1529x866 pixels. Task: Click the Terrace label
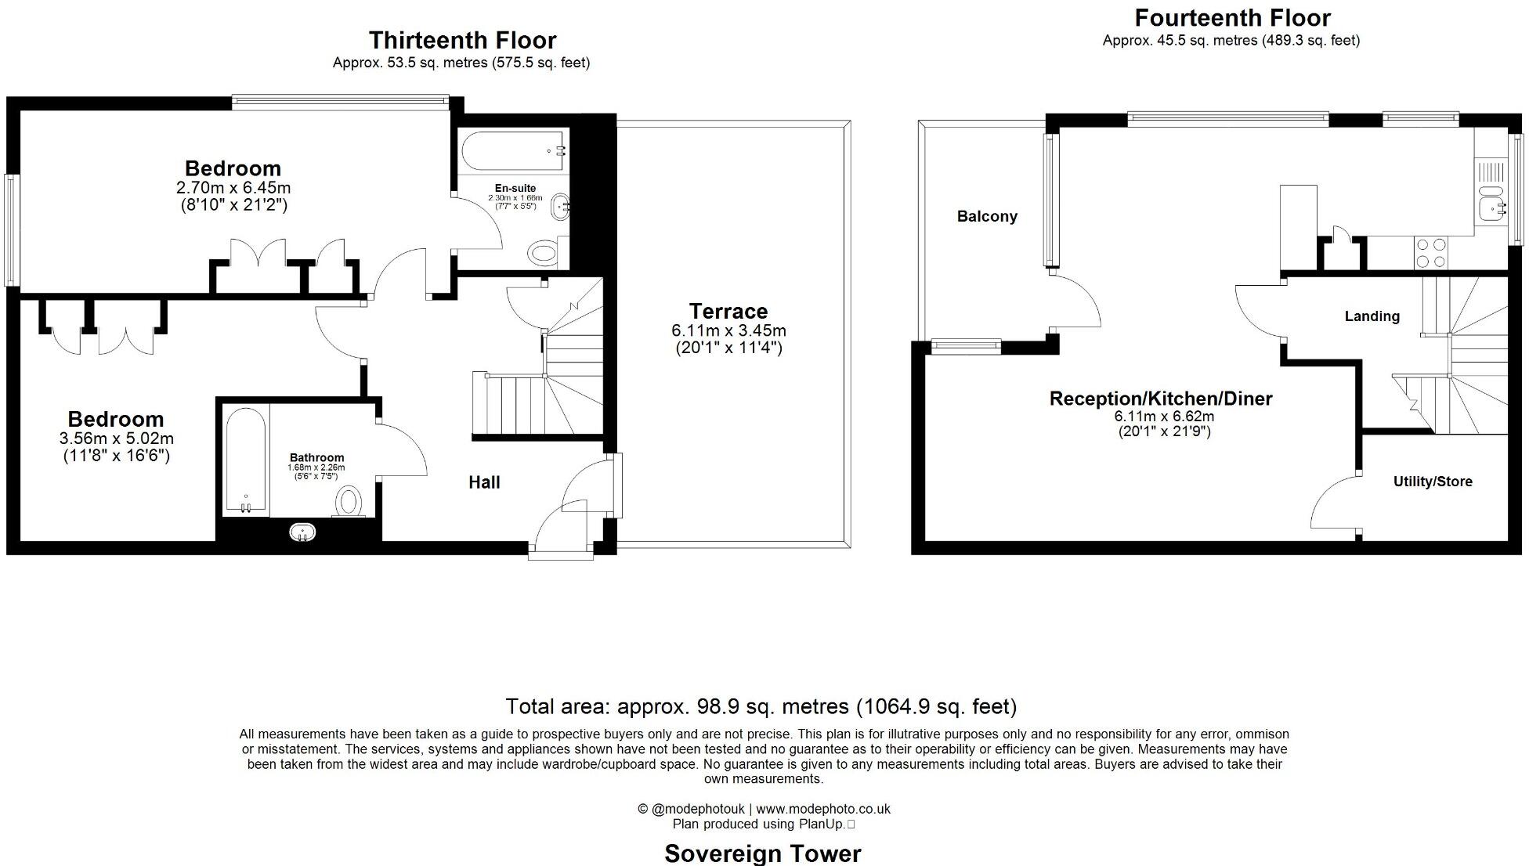[728, 311]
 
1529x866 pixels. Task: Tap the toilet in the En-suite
[542, 253]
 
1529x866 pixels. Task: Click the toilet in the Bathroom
[349, 501]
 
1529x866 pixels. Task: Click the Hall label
[484, 482]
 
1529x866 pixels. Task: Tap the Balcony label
[987, 217]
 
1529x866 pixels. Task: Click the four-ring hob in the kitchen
[1431, 253]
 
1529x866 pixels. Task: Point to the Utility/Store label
[1432, 482]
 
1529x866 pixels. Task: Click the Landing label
[1372, 316]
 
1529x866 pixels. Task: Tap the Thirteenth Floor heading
[462, 40]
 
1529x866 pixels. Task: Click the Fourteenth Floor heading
[1232, 17]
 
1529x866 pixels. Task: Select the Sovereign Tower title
[762, 853]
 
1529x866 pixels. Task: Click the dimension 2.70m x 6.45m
[233, 188]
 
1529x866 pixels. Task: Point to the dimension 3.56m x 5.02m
[116, 438]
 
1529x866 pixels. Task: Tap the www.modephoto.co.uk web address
[822, 809]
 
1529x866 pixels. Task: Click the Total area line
[761, 706]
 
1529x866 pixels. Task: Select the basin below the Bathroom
[303, 533]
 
